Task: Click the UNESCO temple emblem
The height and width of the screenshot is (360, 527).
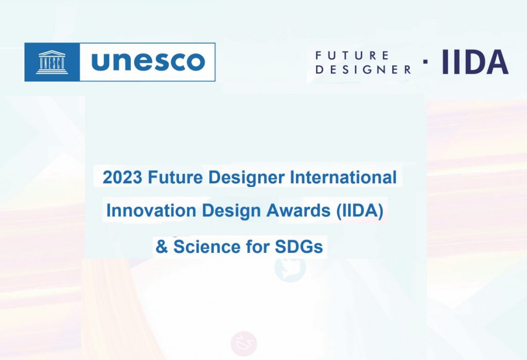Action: [52, 62]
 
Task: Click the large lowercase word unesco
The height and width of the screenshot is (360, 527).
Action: [148, 62]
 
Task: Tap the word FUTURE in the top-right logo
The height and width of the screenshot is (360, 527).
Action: [352, 55]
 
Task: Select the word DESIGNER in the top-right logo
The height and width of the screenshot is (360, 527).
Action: [363, 70]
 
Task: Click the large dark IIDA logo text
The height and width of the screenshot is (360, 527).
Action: [475, 62]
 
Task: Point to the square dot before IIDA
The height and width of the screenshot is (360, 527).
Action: [426, 61]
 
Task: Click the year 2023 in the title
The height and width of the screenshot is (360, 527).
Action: [122, 177]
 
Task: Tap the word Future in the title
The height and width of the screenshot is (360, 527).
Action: [175, 177]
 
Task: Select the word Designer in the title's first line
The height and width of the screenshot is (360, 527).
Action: [247, 178]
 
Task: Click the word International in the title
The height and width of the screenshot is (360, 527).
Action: [343, 177]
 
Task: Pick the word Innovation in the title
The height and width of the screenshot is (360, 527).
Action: [151, 211]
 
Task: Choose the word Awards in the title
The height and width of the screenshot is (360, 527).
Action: [298, 211]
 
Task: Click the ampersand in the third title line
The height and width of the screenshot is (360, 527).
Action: [162, 247]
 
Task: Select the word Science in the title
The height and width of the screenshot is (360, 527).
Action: [207, 247]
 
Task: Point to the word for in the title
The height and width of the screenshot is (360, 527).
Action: [258, 247]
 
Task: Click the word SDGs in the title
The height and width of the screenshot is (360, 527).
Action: [299, 247]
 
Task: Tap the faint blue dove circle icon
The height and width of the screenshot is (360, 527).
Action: [290, 268]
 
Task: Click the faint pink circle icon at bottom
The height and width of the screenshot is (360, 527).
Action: [244, 344]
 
